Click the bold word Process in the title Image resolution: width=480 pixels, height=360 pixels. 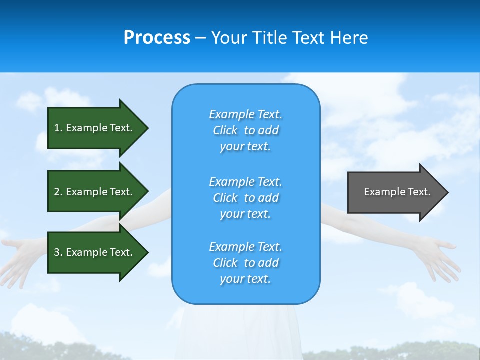(157, 38)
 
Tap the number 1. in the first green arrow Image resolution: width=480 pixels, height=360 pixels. (58, 128)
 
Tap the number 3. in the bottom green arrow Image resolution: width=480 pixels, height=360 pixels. (58, 252)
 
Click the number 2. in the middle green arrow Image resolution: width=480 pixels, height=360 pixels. (58, 192)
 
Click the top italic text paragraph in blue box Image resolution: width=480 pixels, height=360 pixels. (245, 130)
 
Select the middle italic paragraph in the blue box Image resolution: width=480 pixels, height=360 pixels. (245, 198)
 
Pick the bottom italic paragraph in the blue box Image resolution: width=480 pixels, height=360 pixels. (245, 263)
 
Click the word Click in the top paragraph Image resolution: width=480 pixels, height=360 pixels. (225, 130)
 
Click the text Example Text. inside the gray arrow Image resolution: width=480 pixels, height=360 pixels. (397, 192)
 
